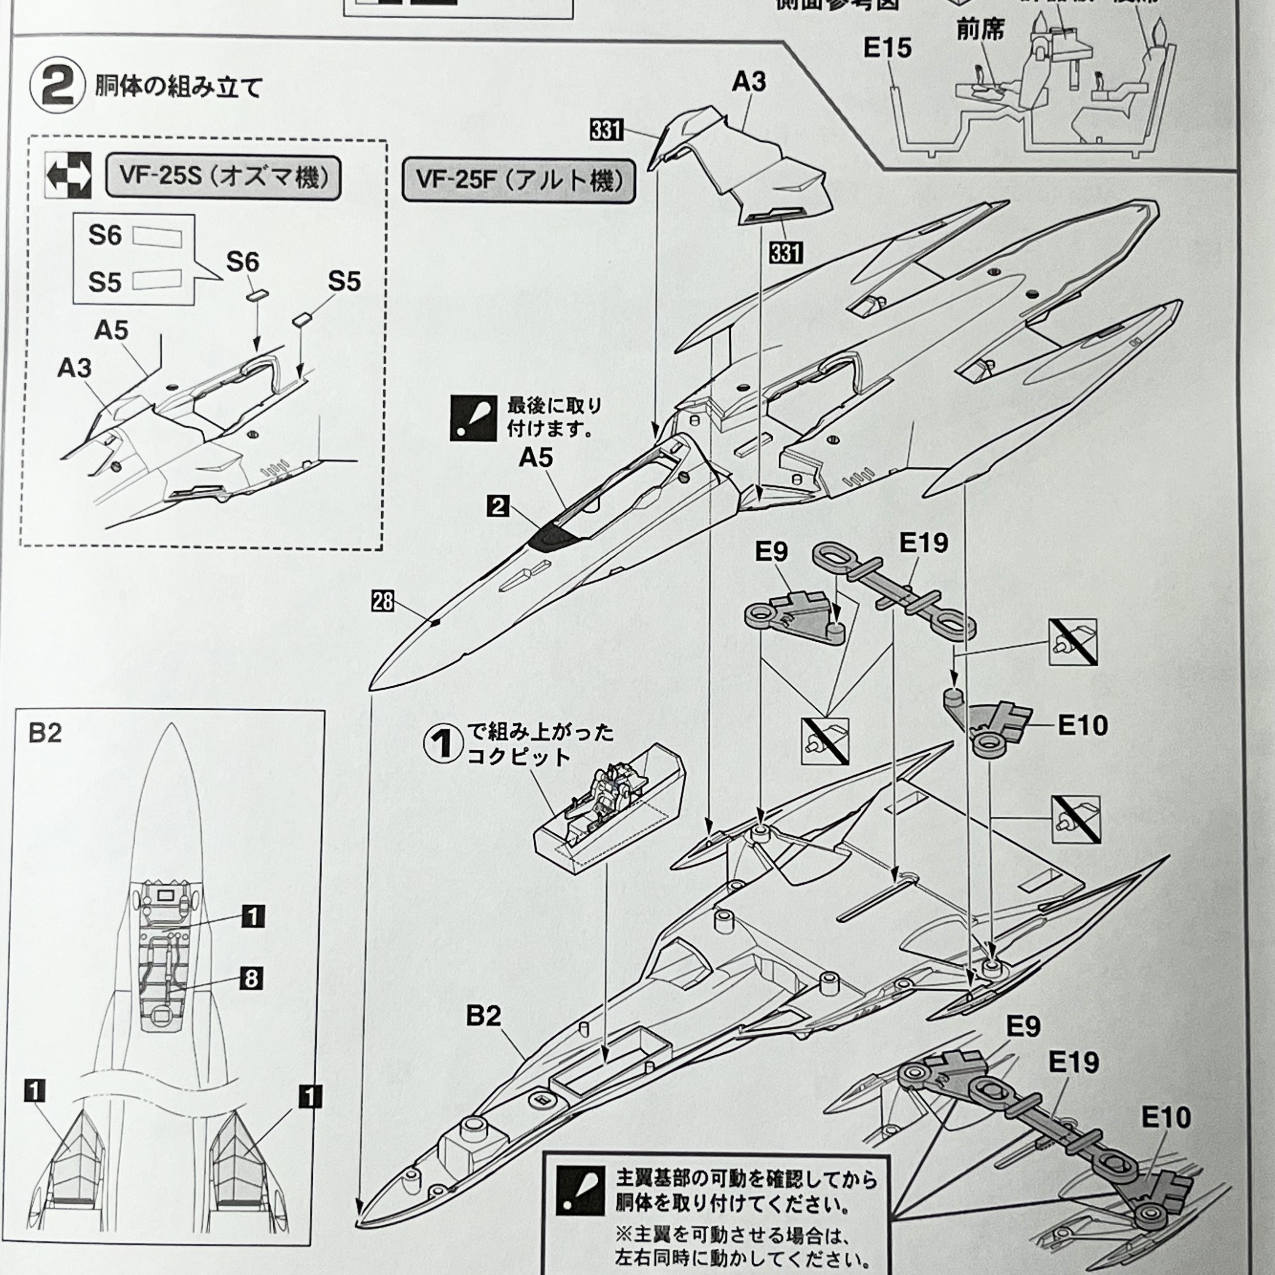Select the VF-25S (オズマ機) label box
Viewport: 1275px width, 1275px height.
tap(223, 178)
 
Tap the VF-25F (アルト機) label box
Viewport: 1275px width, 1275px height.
tap(519, 180)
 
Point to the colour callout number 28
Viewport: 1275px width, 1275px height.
tap(383, 601)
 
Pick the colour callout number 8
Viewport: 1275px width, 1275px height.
tap(251, 978)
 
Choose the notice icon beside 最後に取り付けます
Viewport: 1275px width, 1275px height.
tap(473, 418)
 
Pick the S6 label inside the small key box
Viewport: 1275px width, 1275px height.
tap(105, 236)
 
